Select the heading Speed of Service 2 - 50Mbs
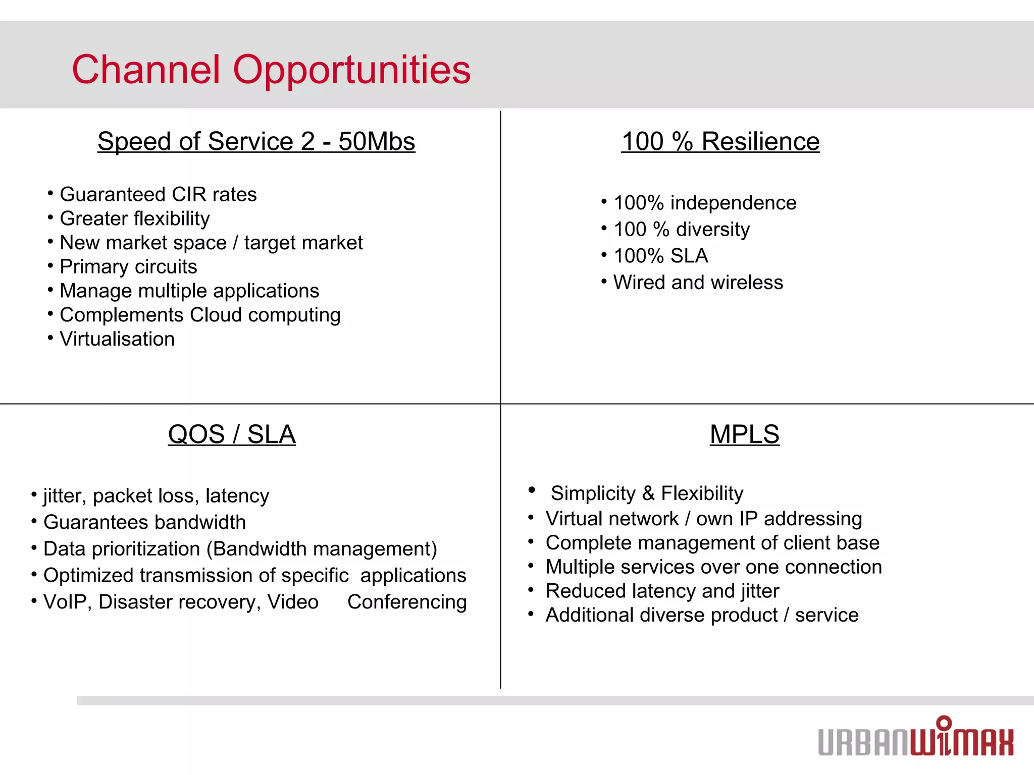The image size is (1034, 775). point(256,141)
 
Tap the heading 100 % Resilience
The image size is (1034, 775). point(720,141)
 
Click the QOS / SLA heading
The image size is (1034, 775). point(232,434)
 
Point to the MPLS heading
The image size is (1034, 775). point(744,434)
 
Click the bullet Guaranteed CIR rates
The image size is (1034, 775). point(158,194)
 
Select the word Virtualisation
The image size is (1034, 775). point(117,339)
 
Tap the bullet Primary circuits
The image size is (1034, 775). point(128,266)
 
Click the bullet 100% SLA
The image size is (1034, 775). point(660,256)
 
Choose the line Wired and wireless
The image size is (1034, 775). point(698,283)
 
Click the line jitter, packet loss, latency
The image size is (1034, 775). point(156,496)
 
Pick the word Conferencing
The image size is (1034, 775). point(407,602)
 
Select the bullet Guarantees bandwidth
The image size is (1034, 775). point(144,522)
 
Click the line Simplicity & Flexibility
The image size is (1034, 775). point(647,493)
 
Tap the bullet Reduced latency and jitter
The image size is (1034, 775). point(662,591)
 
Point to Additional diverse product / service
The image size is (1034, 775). point(702,615)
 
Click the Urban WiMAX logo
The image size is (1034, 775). point(915,738)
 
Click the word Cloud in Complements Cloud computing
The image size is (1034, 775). point(216,315)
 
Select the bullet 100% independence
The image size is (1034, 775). point(705,203)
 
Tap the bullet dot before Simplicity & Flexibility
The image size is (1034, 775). point(532,489)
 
